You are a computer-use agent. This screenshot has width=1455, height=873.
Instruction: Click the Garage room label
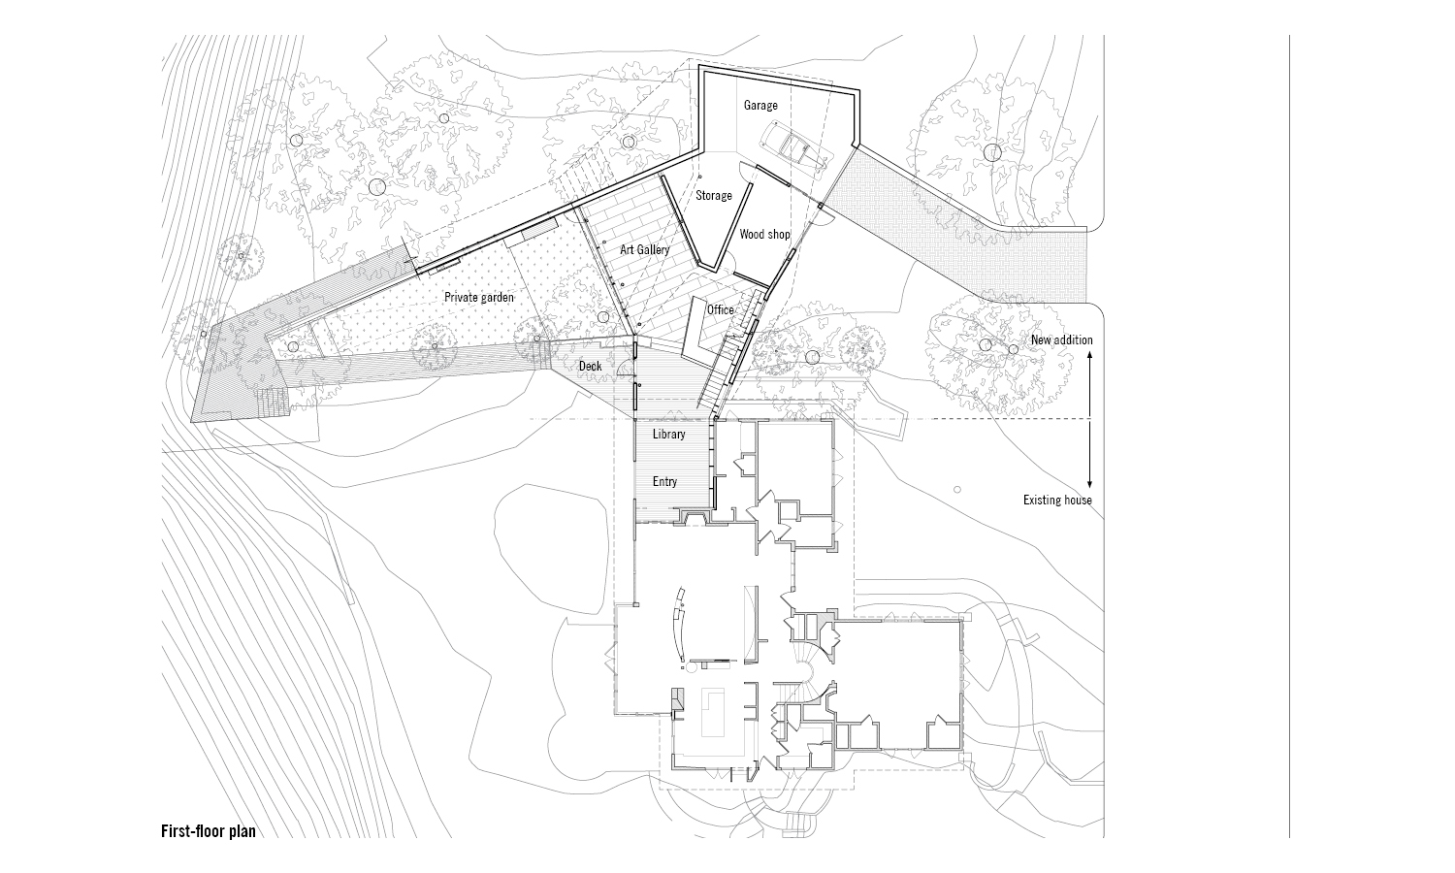[760, 105]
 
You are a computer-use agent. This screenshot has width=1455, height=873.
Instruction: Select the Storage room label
[713, 196]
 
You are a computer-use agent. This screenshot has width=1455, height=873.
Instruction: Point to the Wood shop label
[764, 235]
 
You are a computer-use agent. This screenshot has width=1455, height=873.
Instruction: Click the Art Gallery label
[645, 250]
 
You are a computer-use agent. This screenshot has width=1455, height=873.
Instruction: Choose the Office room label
[720, 309]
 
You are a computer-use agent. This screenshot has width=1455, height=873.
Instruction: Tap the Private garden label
[479, 298]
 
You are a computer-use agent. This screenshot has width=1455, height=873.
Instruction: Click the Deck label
[590, 367]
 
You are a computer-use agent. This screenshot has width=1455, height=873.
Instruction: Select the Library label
[668, 434]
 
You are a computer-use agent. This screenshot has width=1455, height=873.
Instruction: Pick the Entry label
[664, 482]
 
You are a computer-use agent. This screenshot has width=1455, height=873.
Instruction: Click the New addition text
[1061, 340]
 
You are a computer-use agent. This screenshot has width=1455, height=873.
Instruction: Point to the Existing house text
[1057, 501]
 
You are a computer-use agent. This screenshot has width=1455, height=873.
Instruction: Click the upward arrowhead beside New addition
[1090, 357]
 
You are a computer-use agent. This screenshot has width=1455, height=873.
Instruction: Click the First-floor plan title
[208, 831]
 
